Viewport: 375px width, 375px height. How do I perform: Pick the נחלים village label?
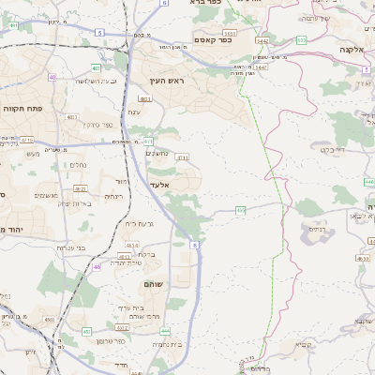coord(79,164)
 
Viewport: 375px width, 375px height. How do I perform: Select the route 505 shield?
coord(301,40)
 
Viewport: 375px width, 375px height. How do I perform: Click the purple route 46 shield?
coord(97,266)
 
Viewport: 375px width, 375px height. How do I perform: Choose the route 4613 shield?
coord(126,256)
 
